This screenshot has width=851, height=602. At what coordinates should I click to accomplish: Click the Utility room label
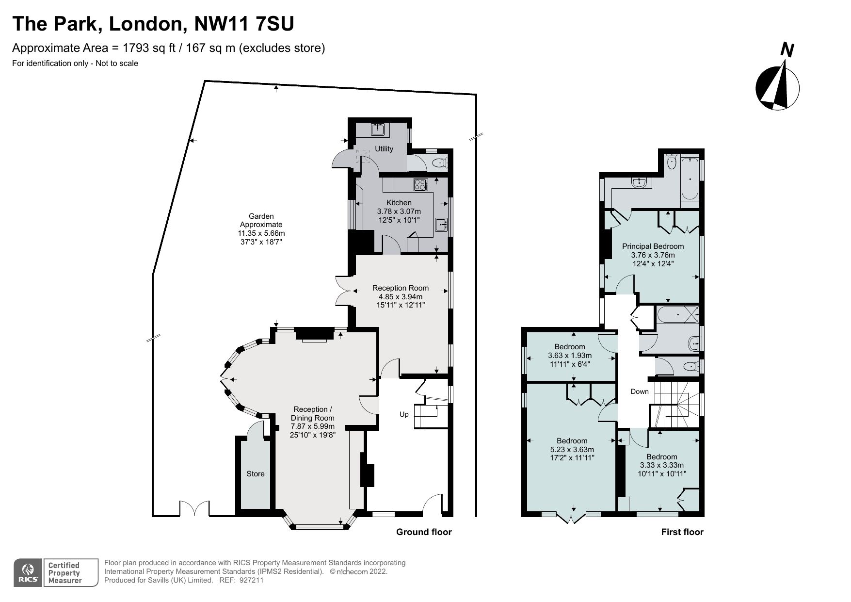pos(384,149)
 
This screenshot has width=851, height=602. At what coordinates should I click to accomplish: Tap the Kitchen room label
pos(399,203)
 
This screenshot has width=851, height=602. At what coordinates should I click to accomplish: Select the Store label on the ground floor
pos(255,474)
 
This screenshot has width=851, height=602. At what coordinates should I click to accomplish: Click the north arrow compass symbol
pos(777,87)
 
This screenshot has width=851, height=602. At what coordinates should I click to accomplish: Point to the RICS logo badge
pos(27,572)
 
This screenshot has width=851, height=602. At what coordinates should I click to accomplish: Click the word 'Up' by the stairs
pos(404,414)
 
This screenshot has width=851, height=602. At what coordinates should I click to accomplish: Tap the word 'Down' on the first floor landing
pos(639,391)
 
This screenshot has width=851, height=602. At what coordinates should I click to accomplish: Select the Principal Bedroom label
pos(653,246)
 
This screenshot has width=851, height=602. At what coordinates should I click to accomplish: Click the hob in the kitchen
pos(420,184)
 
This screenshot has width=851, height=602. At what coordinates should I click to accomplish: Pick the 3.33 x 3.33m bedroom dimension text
pos(661,465)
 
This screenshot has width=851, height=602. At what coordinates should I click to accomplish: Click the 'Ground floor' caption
pos(424,532)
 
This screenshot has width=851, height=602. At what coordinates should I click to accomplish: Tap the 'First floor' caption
pos(682,532)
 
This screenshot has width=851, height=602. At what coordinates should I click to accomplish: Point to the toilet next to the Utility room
pos(439,163)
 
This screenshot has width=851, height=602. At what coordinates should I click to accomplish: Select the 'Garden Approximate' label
pos(261,220)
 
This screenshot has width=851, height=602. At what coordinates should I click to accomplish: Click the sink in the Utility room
pos(378,129)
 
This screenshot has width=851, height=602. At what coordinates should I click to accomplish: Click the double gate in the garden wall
pos(195,509)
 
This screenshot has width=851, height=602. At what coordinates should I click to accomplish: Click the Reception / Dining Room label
pos(312,414)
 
